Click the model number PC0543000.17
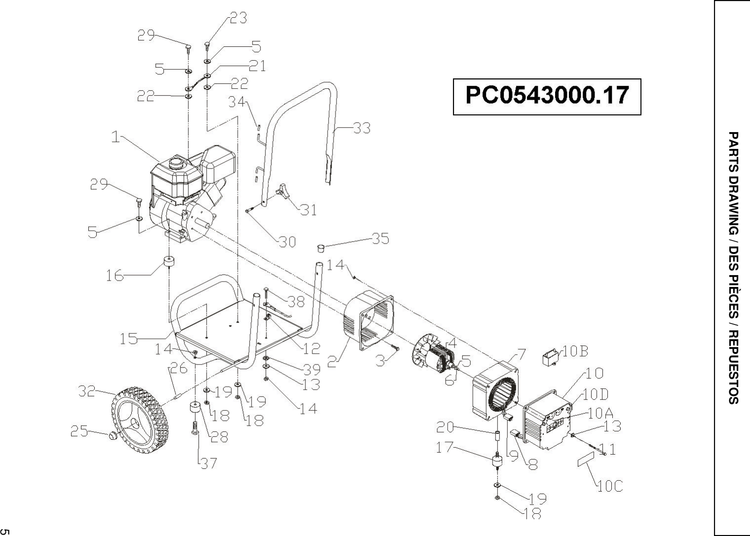point(547,96)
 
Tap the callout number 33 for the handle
point(362,128)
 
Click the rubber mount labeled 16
point(170,263)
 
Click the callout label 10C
point(610,486)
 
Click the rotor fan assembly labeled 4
point(434,356)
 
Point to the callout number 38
point(296,300)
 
